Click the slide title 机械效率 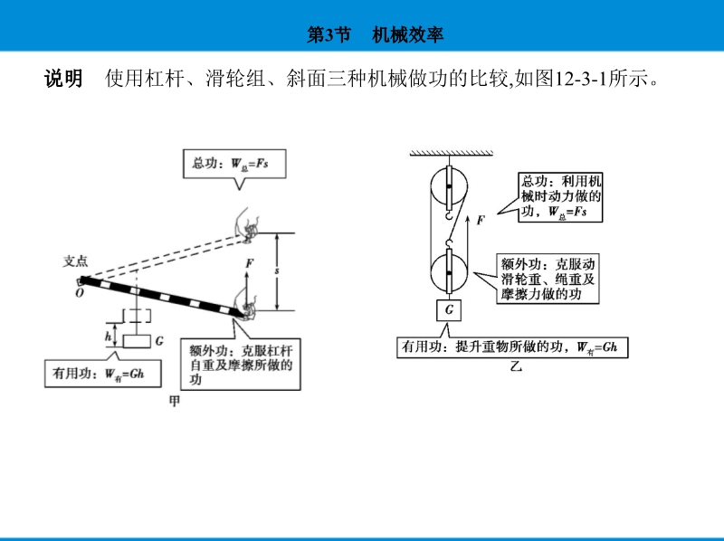408,34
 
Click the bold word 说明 63,78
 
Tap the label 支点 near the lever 75,261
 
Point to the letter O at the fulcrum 80,293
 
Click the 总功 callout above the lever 234,164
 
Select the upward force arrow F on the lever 246,288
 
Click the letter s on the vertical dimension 277,270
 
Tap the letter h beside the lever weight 108,336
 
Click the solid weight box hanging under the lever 137,341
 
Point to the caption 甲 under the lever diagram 175,401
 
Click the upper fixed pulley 449,188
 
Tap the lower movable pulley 449,271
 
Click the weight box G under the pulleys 449,309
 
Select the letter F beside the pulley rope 481,220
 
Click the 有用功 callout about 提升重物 512,347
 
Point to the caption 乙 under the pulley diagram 516,367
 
